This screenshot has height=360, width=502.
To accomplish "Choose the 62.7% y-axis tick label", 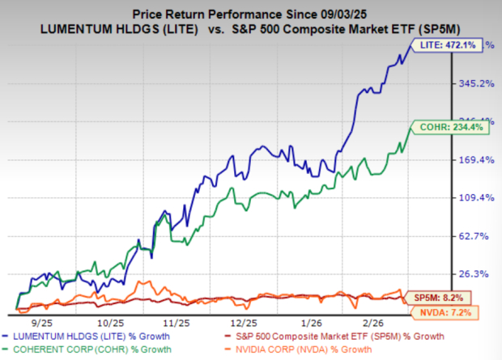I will tap(474, 236).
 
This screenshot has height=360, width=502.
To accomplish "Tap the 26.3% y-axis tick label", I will tap(474, 273).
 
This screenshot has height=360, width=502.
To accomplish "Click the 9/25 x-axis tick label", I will tap(40, 321).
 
